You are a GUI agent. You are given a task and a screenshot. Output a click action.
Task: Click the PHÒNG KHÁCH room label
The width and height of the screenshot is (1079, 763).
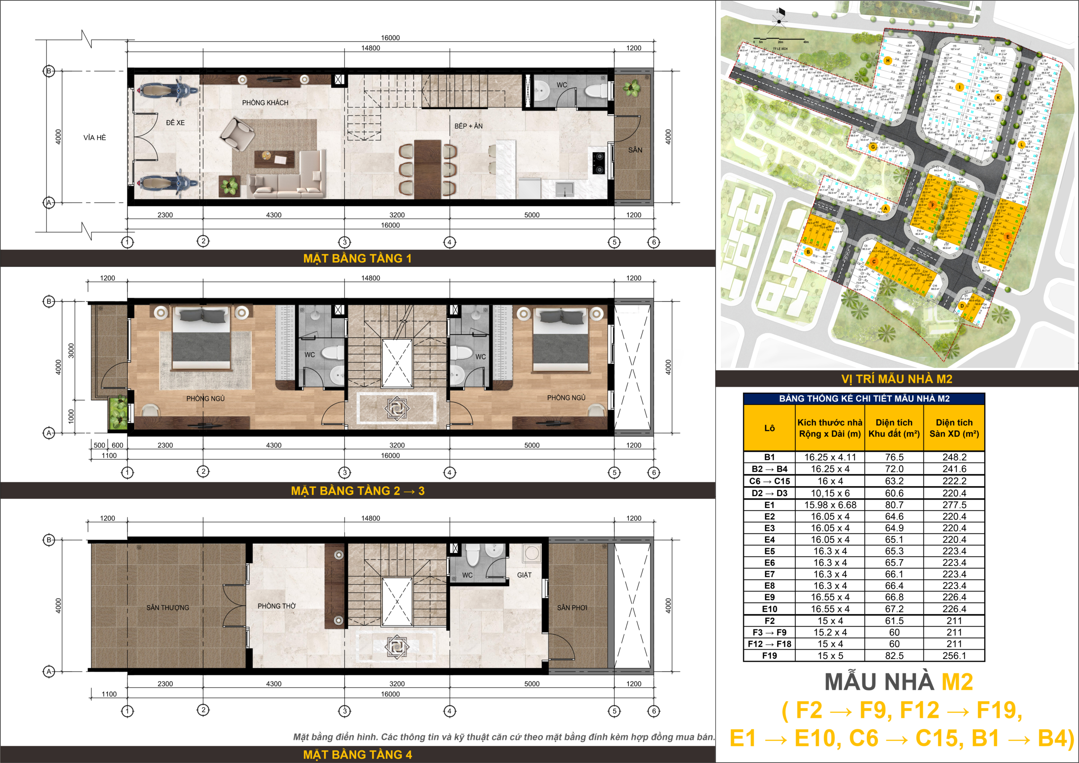pos(265,103)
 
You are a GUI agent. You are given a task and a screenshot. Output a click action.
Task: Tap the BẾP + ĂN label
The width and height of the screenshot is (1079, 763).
pos(468,126)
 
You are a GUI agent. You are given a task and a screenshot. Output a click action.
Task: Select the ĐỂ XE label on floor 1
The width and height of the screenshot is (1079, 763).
pos(175,123)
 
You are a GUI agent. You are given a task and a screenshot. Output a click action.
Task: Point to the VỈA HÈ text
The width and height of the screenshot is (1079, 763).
pos(94,138)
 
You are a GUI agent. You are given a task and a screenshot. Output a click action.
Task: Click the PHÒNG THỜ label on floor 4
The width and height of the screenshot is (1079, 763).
pos(276,606)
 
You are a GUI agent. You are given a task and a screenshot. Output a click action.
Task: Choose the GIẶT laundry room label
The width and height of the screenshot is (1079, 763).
pos(524,575)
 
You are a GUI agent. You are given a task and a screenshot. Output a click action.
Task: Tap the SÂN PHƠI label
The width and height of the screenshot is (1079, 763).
pos(572,608)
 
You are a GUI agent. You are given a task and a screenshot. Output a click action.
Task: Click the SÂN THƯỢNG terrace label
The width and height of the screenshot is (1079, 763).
pos(167,608)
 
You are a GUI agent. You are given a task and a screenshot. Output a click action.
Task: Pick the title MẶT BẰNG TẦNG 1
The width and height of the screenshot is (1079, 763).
pos(357,258)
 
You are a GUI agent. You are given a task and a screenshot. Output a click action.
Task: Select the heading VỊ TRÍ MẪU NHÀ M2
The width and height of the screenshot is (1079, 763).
pos(896,379)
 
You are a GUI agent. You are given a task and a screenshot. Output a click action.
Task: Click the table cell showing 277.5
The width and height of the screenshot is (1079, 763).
pos(954,505)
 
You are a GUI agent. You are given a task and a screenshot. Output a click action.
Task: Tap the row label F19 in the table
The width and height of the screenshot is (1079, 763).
pos(769,656)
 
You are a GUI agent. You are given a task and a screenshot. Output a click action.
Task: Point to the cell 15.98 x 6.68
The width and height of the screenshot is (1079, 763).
pos(830,505)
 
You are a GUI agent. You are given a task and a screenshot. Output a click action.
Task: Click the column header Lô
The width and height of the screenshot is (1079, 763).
pos(769,428)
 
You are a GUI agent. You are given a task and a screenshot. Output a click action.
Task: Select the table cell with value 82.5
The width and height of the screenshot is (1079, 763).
pos(894,656)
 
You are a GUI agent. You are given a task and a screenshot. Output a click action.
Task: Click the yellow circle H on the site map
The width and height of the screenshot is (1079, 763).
pos(888,61)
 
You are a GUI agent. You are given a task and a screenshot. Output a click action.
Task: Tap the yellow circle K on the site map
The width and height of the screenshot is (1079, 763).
pos(998,98)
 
